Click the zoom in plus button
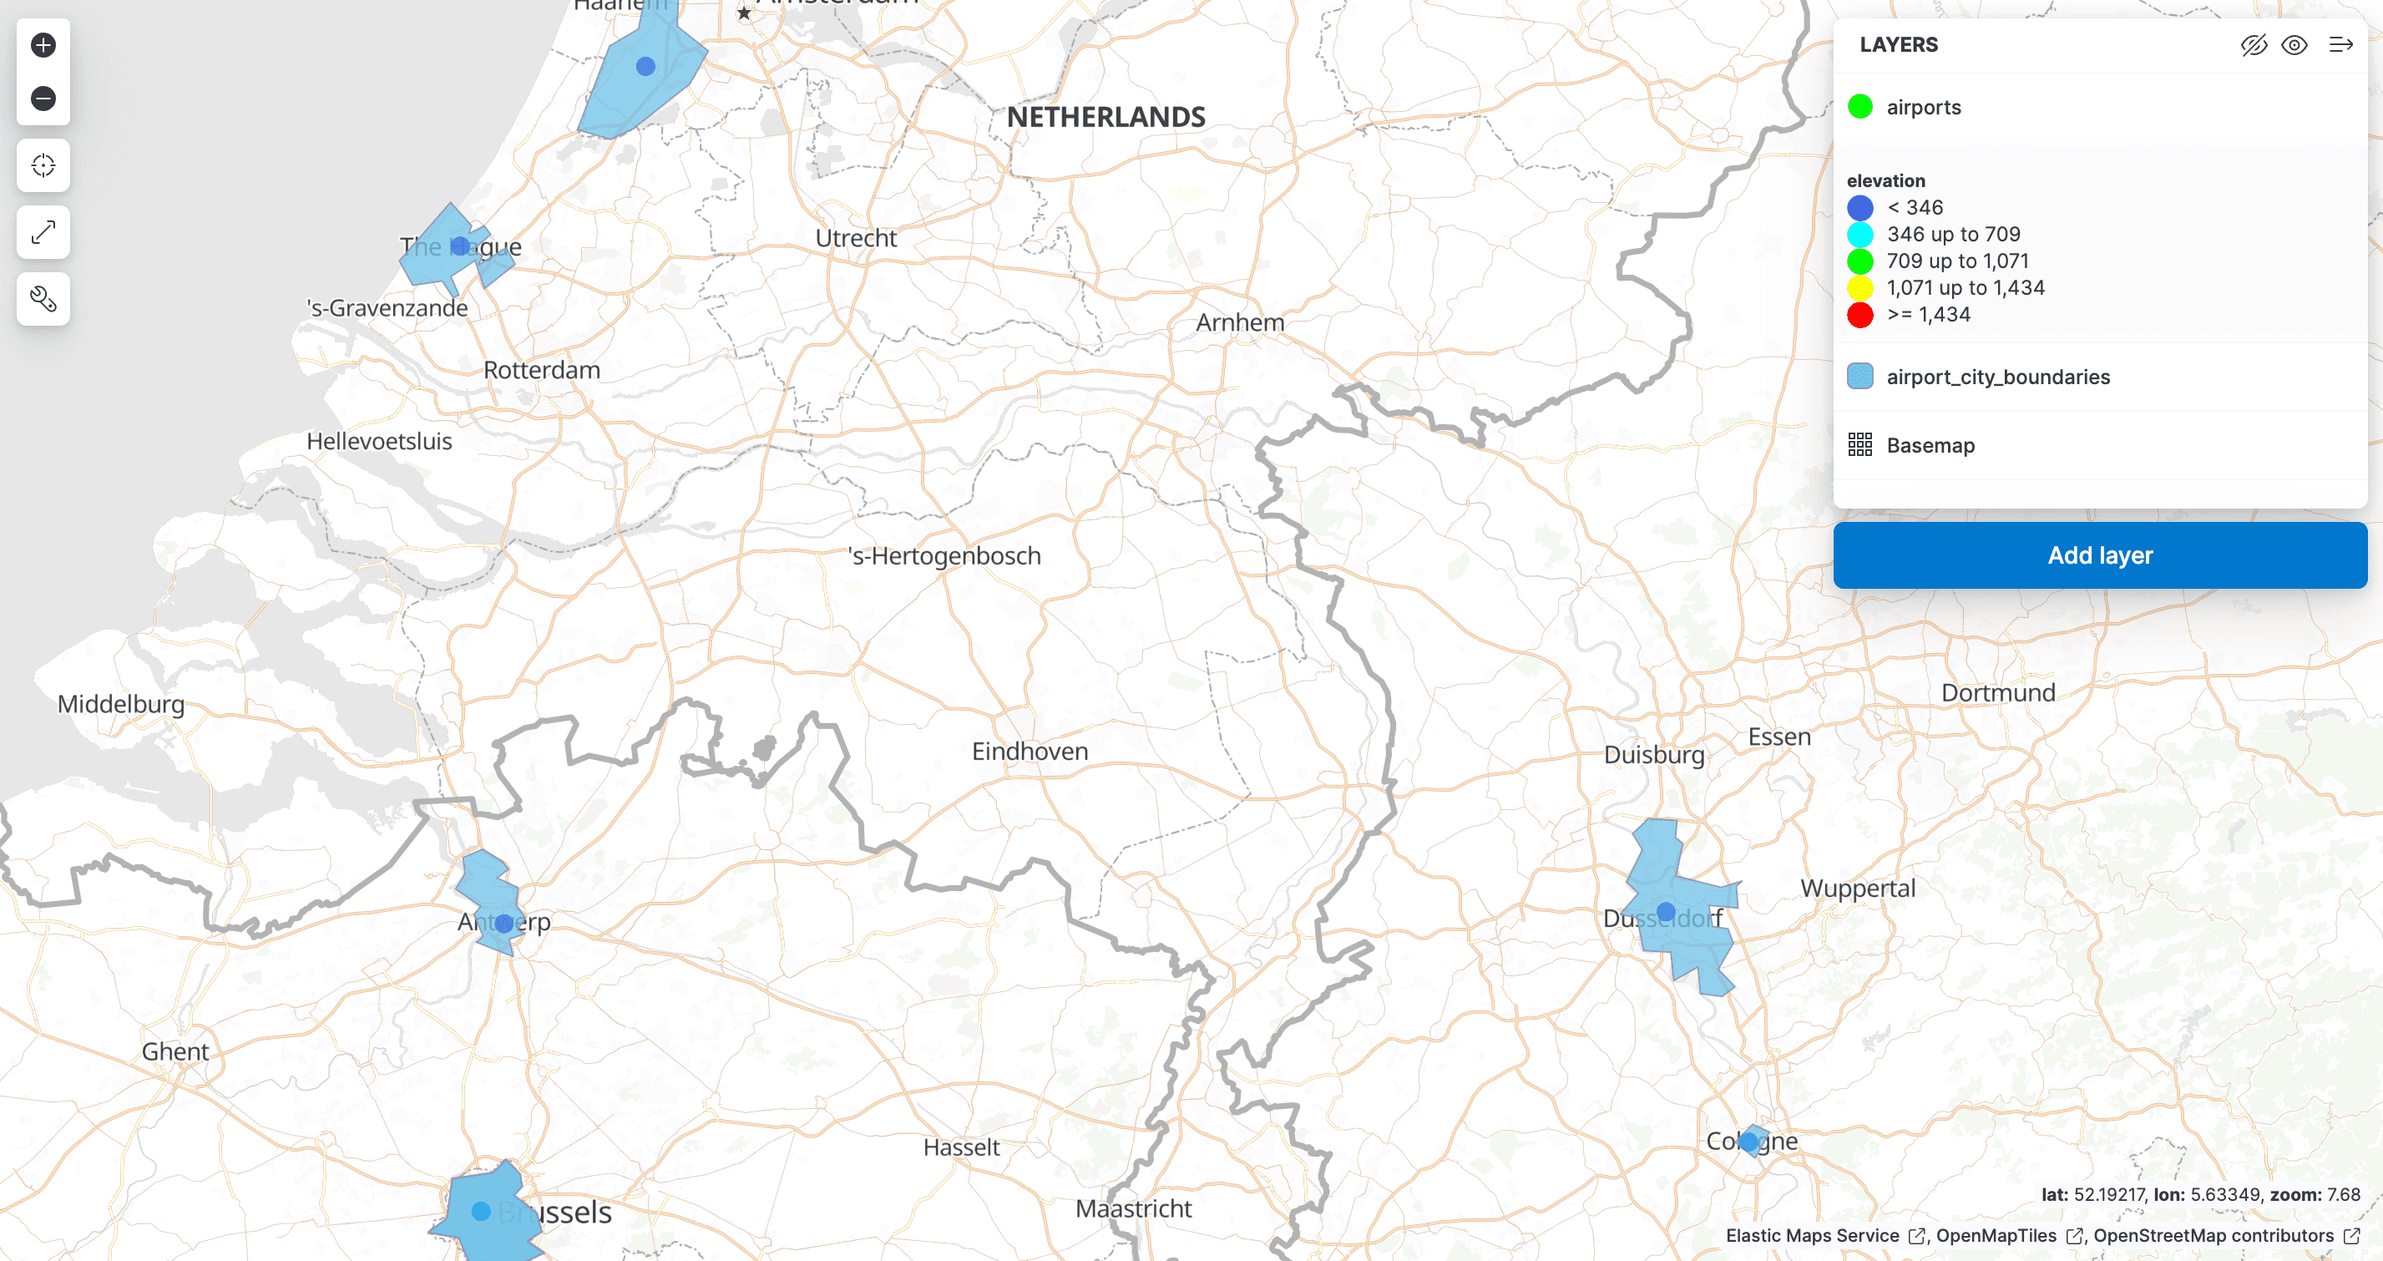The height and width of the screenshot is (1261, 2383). (43, 44)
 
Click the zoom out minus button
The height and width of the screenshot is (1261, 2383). (43, 98)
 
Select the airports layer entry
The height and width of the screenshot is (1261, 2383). (1923, 108)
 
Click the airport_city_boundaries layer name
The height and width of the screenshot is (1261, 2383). (1997, 377)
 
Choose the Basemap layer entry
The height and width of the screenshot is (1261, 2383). (1930, 445)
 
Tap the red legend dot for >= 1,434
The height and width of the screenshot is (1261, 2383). (1859, 315)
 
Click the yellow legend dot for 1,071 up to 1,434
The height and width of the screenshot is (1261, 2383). (1859, 288)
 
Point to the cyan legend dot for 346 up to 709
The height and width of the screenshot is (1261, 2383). (1859, 234)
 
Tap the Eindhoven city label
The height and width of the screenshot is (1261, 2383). (1030, 752)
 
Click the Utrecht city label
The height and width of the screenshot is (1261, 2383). (856, 238)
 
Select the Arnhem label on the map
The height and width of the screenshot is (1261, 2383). (1240, 322)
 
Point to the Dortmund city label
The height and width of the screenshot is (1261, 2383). (1997, 692)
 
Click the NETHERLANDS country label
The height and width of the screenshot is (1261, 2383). (1105, 117)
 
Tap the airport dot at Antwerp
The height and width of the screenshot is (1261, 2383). (504, 924)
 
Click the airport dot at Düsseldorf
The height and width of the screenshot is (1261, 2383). (1665, 911)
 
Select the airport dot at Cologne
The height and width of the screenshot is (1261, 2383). (1748, 1142)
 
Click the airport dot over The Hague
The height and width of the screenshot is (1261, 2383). (460, 246)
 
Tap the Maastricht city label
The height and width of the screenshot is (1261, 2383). (1133, 1208)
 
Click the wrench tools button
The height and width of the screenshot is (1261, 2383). (43, 299)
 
